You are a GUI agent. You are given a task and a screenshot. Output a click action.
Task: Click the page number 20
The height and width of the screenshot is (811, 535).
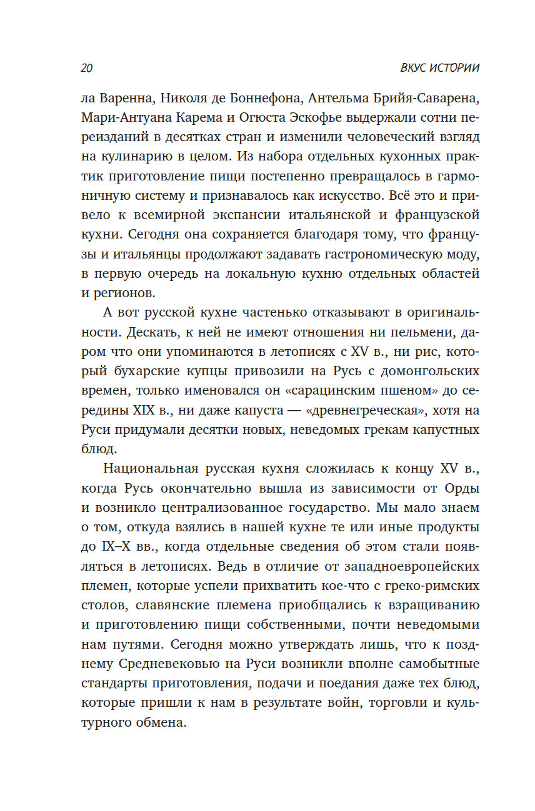point(87,68)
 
